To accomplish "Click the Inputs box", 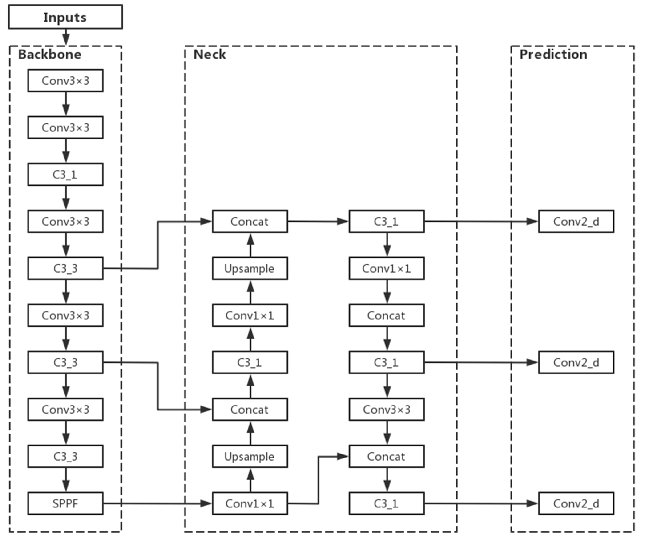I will [x=65, y=17].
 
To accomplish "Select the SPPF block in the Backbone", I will [x=65, y=503].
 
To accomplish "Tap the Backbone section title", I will [x=50, y=54].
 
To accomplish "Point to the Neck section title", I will [x=210, y=54].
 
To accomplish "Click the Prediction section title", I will [x=553, y=54].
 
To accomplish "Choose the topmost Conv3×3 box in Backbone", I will [x=65, y=81].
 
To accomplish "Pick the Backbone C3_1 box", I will [x=65, y=174].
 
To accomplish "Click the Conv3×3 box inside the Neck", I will [x=386, y=409].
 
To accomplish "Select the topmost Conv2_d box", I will [x=576, y=221].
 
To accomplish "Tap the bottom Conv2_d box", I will [x=576, y=503].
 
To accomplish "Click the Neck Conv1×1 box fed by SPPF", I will [x=250, y=503].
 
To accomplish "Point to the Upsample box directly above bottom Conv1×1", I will [x=250, y=456].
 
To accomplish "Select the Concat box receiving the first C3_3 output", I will [x=250, y=221].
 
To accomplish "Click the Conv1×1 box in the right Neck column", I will [x=386, y=268].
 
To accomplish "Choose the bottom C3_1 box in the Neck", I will [x=386, y=503].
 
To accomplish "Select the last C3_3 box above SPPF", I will [x=65, y=456].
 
